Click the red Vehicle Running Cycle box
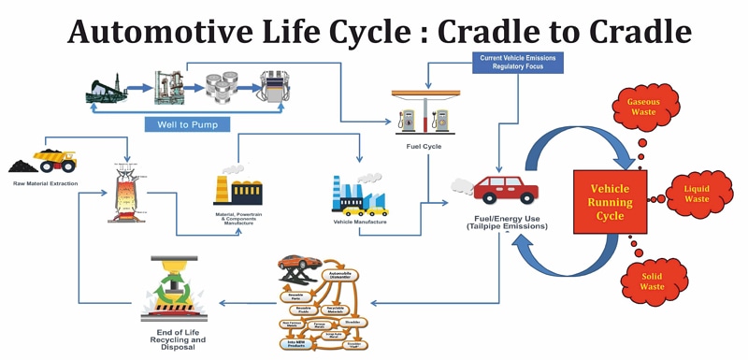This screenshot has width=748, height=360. coord(610,202)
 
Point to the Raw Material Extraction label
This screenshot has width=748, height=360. coord(45,183)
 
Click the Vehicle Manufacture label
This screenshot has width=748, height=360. coord(359,222)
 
